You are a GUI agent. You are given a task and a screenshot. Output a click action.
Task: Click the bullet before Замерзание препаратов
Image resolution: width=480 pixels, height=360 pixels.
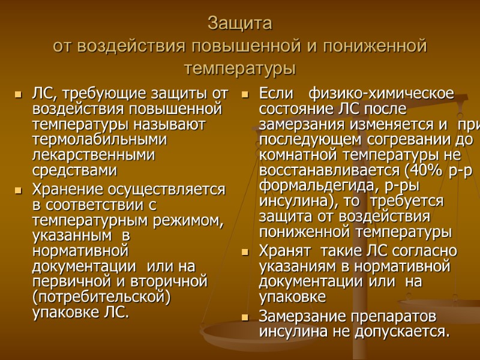[245, 317]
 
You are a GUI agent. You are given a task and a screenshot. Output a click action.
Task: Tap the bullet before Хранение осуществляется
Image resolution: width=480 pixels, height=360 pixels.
[18, 191]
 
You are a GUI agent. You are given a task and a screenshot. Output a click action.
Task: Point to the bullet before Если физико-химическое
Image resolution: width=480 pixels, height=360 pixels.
[245, 95]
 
